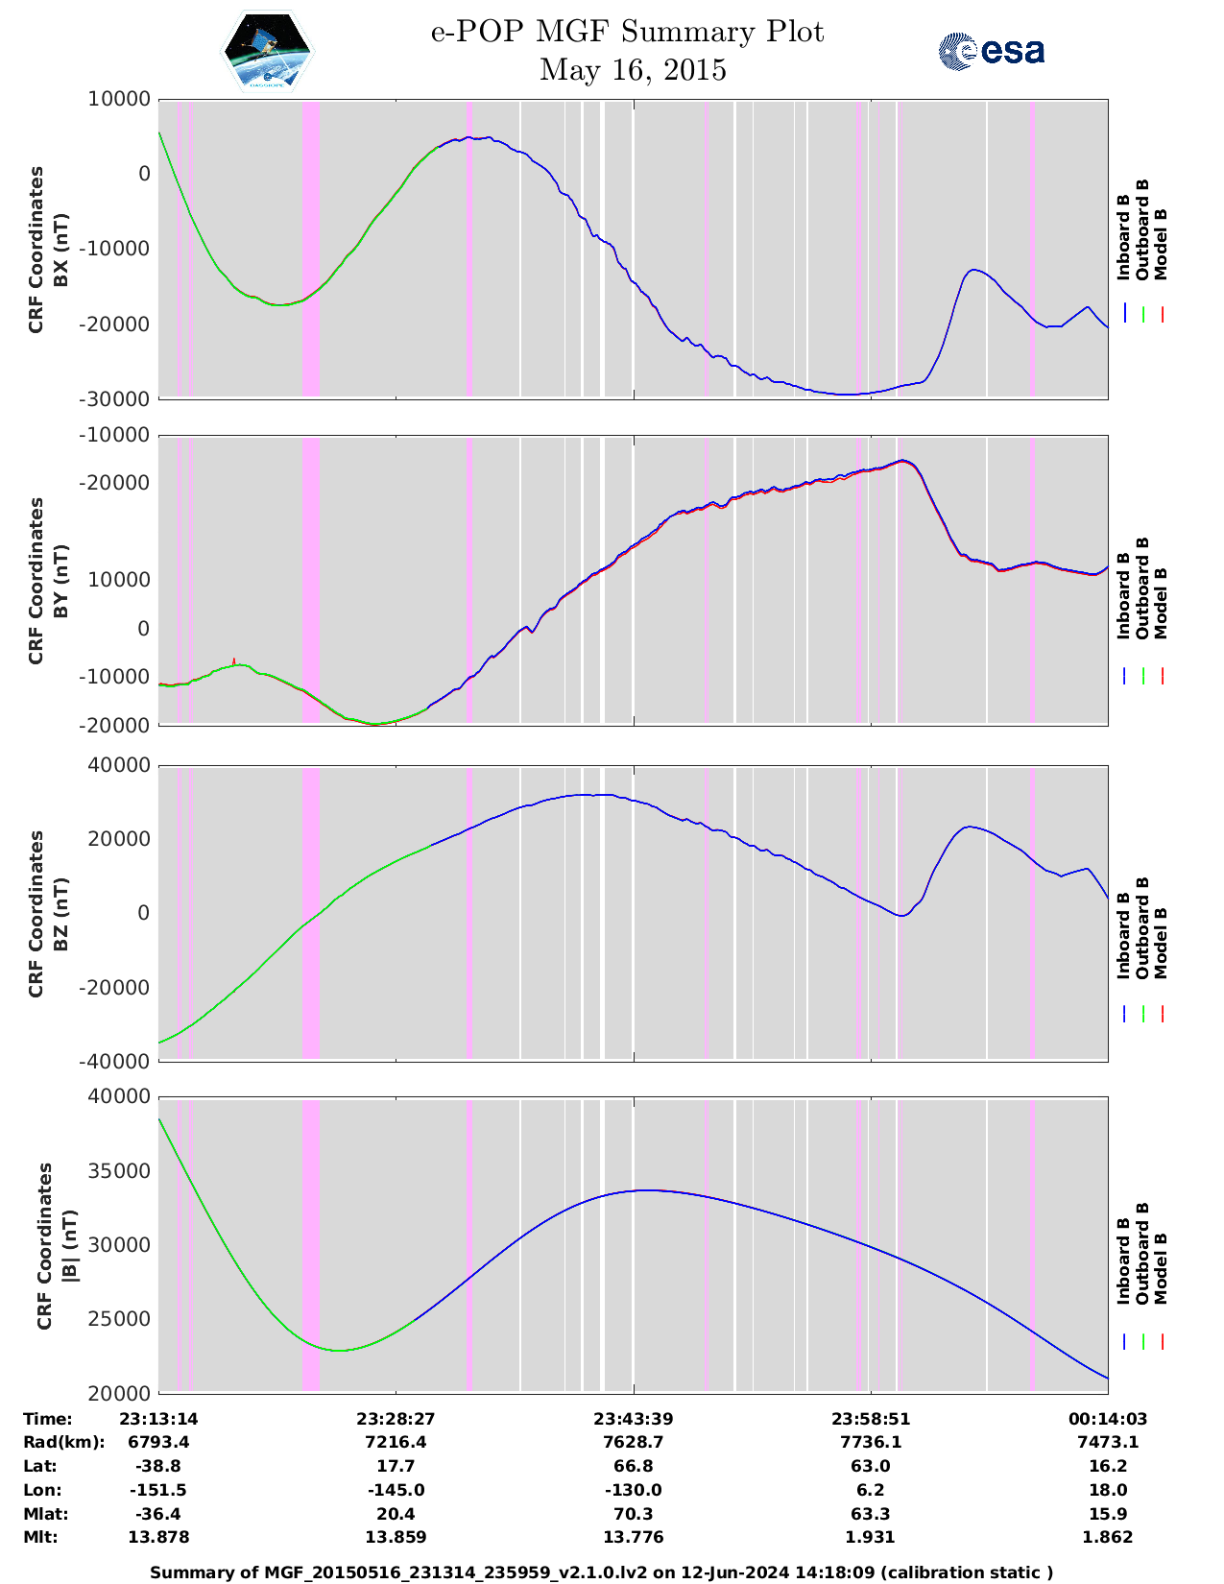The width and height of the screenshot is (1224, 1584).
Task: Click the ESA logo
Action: coord(992,51)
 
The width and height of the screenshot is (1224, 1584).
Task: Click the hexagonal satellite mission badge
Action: coord(267,51)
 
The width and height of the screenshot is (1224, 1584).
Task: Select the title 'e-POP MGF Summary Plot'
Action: coord(627,33)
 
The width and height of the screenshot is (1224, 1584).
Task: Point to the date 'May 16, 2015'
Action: coord(633,70)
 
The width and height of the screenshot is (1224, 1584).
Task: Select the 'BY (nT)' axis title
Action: coord(60,580)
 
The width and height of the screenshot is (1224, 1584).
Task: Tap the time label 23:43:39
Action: coord(633,1419)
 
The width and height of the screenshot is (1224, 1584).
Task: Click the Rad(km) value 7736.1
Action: coord(870,1442)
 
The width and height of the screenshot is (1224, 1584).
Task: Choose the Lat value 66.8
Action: coord(633,1466)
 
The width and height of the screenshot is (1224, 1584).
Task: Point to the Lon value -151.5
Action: coord(158,1490)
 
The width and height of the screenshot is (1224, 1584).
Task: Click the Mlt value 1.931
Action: coord(870,1537)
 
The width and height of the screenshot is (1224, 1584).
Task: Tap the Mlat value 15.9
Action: coord(1107,1514)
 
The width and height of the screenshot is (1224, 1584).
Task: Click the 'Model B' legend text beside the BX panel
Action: coord(1161,244)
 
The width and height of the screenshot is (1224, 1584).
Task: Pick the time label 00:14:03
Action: coord(1107,1419)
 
